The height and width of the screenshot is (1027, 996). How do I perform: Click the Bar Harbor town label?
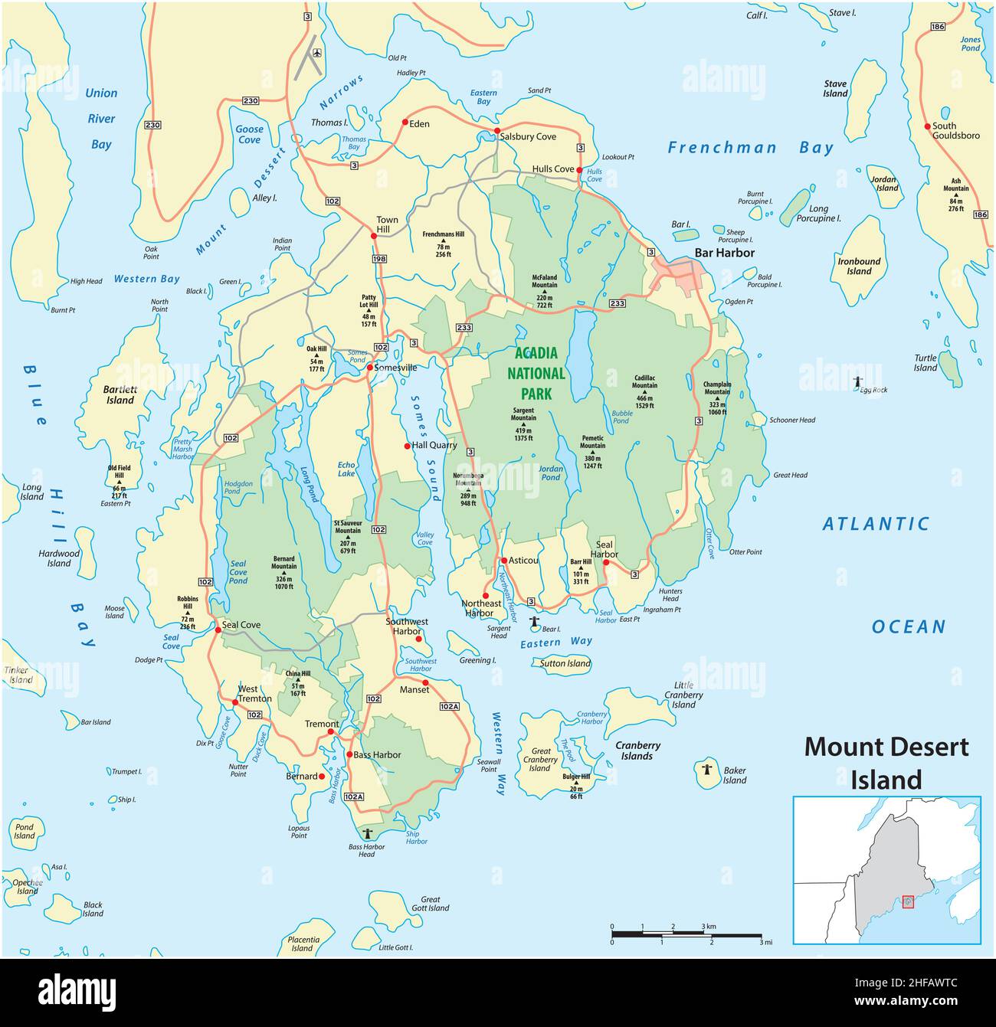(724, 253)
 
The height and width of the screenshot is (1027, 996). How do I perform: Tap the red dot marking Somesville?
(369, 368)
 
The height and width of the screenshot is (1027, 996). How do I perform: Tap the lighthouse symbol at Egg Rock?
(857, 381)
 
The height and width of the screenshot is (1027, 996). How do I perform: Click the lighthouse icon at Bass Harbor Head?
(367, 833)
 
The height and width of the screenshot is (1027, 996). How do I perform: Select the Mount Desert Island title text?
(886, 763)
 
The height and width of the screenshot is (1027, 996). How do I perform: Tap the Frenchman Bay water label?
(749, 148)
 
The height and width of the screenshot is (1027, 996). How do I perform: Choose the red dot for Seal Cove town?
(218, 630)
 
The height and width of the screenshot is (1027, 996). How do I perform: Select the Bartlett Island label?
(120, 394)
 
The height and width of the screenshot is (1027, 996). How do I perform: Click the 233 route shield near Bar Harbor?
(618, 304)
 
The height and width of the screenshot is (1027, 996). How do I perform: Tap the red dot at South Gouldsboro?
(927, 126)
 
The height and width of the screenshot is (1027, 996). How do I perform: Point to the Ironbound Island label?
(859, 266)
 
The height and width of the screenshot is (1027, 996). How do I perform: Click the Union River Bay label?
(101, 119)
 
